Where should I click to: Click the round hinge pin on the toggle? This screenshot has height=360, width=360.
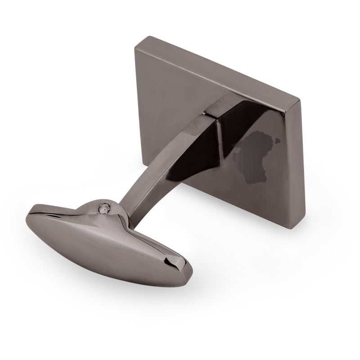(x=105, y=207)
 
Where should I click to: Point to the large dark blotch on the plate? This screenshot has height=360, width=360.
(x=254, y=157)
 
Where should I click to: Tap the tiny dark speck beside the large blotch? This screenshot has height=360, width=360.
(x=278, y=140)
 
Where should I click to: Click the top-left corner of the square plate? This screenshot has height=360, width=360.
(x=136, y=49)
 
